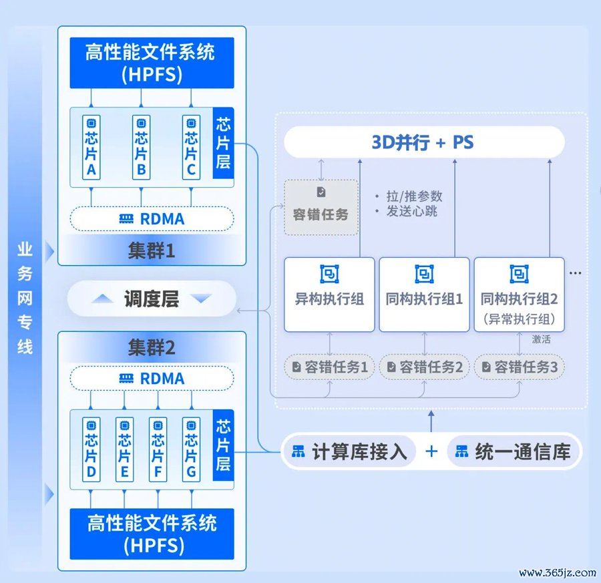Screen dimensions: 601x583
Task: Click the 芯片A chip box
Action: click(91, 147)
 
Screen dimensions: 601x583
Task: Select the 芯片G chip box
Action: click(191, 449)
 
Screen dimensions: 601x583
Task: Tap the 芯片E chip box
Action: click(125, 449)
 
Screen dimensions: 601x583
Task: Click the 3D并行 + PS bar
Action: click(424, 142)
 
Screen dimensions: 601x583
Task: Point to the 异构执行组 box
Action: click(329, 295)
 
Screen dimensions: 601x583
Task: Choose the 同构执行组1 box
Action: click(424, 295)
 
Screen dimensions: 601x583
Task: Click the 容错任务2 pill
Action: click(424, 367)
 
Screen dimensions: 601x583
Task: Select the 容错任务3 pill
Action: click(520, 367)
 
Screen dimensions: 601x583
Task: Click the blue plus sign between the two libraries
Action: click(431, 451)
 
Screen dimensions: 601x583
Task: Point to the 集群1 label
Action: click(152, 251)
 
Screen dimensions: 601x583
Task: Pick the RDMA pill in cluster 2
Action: click(152, 379)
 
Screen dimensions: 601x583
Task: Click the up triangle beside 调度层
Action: click(102, 299)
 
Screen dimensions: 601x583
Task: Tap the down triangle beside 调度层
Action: click(201, 299)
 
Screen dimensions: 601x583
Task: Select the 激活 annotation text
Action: click(541, 339)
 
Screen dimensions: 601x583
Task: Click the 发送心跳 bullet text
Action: click(411, 211)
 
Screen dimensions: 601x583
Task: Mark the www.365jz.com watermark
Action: click(558, 573)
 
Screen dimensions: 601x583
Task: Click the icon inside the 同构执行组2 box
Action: click(519, 274)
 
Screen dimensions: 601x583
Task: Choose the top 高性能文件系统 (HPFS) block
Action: click(152, 63)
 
